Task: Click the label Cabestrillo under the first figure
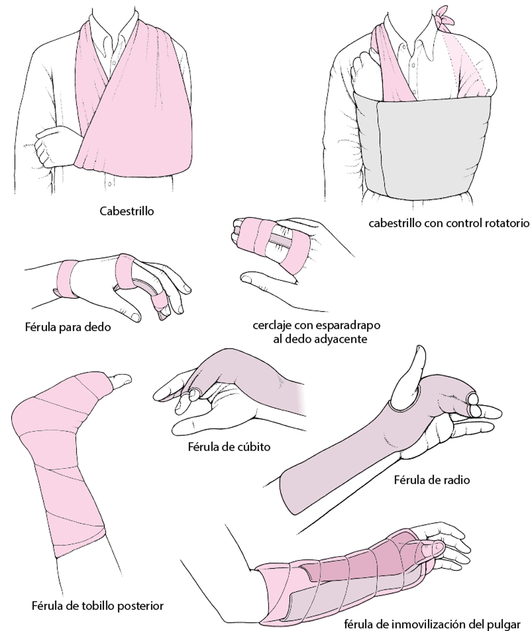click(126, 211)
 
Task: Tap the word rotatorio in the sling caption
click(507, 223)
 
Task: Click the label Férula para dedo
click(68, 327)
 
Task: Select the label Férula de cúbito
click(229, 447)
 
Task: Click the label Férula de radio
click(432, 480)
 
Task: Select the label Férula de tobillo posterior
click(98, 605)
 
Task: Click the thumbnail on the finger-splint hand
click(135, 316)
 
